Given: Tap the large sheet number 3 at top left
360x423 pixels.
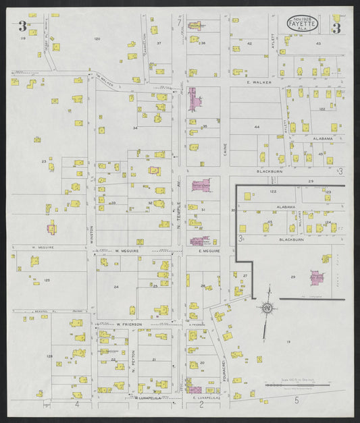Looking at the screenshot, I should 22,28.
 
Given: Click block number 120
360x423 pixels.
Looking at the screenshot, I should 97,39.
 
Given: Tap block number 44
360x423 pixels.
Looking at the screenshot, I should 257,127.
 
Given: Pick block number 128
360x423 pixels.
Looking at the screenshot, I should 49,356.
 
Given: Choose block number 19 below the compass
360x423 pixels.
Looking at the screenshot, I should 288,343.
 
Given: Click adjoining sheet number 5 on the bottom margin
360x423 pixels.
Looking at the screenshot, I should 296,401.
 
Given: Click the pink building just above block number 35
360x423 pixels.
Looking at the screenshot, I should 194,101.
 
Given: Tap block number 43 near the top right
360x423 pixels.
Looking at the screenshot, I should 318,43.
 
